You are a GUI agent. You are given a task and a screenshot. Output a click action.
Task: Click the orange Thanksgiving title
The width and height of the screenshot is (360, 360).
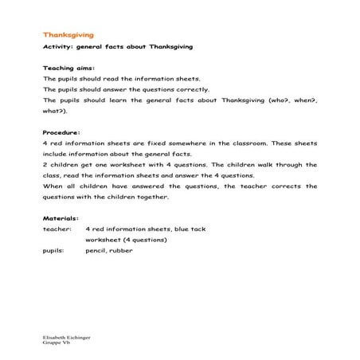[68, 35]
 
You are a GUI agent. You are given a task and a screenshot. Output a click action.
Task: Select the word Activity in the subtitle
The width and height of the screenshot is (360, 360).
[57, 48]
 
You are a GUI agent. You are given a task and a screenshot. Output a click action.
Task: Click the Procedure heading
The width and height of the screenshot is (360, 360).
[62, 132]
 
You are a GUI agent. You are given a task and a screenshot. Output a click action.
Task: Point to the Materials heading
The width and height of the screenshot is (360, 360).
[61, 217]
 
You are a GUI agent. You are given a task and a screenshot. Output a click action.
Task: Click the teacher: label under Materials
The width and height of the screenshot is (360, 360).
[57, 229]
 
